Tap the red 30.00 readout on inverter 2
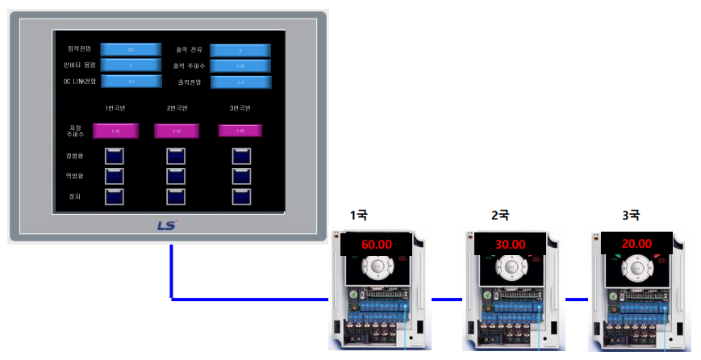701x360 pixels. [x=505, y=244]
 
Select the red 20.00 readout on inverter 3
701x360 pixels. [x=636, y=243]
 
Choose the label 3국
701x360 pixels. [x=630, y=215]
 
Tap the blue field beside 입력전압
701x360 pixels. [x=131, y=49]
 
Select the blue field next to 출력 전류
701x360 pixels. [x=240, y=50]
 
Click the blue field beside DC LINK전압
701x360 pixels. [x=131, y=81]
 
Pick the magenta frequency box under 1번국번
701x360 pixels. [x=116, y=130]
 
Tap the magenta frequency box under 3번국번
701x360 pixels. [x=241, y=130]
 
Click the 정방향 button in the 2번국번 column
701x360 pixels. [x=176, y=156]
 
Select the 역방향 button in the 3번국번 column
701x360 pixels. [x=241, y=175]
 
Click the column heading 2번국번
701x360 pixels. [x=177, y=108]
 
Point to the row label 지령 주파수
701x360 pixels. [x=75, y=130]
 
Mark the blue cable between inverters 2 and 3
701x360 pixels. [x=577, y=299]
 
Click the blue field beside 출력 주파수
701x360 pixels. [x=240, y=65]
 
